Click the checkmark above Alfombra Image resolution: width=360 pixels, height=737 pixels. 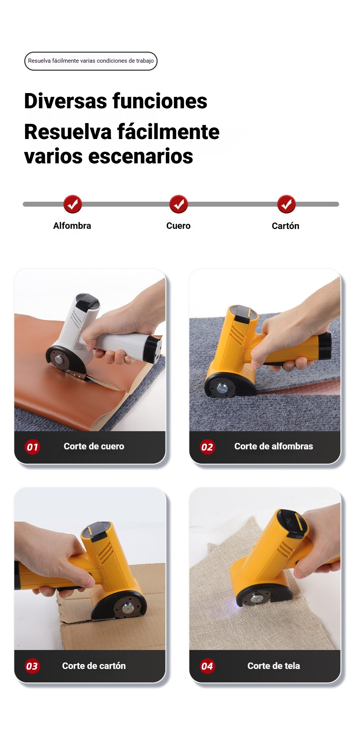[73, 204]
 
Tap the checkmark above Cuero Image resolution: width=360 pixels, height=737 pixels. [178, 204]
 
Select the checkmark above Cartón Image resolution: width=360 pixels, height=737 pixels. [286, 204]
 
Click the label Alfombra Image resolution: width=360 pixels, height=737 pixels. [72, 226]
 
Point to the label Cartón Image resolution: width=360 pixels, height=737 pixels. [286, 226]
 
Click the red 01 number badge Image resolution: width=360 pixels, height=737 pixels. [32, 447]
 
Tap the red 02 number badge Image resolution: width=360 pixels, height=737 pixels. [207, 447]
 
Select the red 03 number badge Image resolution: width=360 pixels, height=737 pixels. [32, 666]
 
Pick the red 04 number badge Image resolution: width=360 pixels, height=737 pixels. [207, 666]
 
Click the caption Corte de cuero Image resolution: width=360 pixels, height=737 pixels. [94, 446]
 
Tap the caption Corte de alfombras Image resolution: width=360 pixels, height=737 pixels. [273, 446]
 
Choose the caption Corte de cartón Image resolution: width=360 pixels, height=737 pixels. [94, 666]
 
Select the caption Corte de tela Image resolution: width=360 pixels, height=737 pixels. [273, 666]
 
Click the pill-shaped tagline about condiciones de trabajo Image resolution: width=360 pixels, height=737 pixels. [91, 61]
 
